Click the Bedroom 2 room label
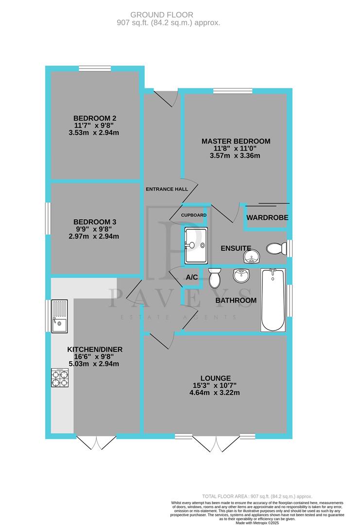coord(95,118)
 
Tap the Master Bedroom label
coord(236,141)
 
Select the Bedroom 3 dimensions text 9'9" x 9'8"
coord(95,229)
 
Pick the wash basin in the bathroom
coord(241,276)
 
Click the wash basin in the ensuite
coord(251,256)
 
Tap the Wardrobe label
coord(267,217)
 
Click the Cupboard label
coord(193,215)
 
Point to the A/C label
coord(191,277)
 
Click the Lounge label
coord(217,378)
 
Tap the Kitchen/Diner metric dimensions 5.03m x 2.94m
coord(95,364)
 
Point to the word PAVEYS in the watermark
coord(179,298)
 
